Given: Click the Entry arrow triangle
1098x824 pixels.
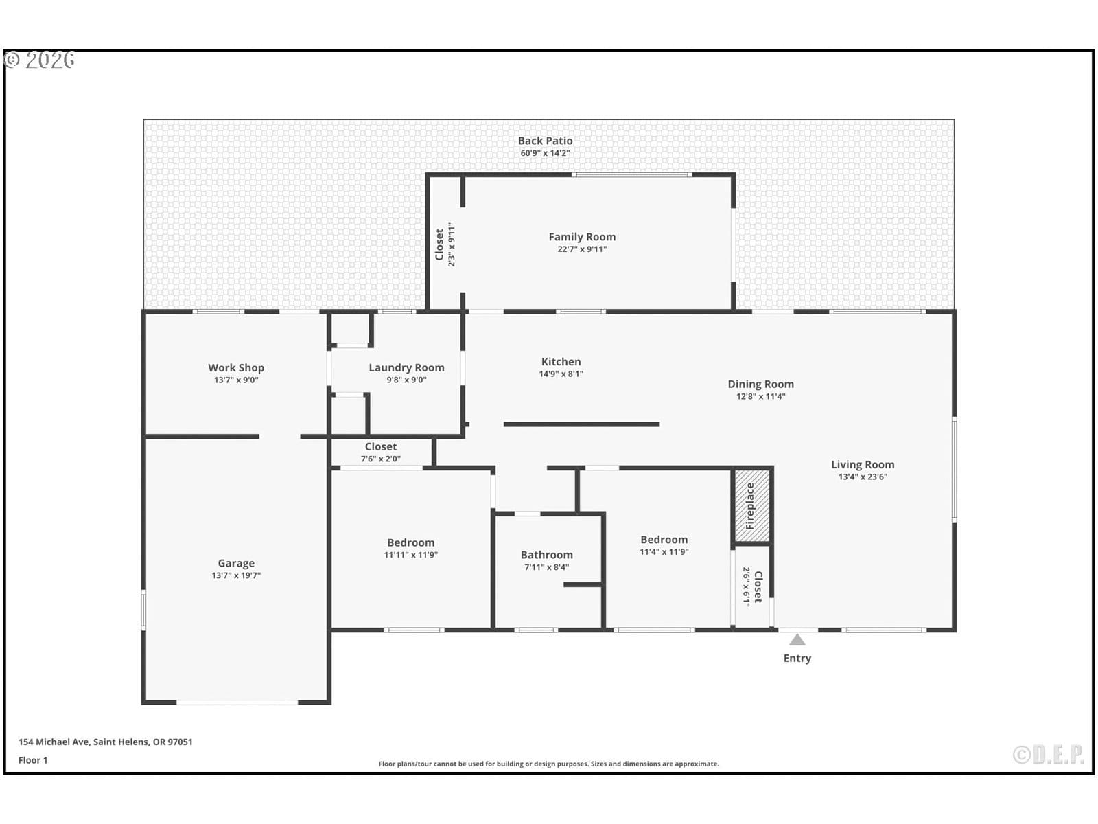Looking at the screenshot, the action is coord(797,640).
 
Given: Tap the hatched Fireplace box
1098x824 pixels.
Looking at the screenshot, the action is coord(751,505).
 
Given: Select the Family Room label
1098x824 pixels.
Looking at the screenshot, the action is coord(582,237).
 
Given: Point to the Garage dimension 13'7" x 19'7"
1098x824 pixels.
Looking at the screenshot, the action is coord(236,575).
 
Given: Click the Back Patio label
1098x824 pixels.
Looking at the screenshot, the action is coord(545,141).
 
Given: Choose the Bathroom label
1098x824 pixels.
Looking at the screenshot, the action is coord(546,555).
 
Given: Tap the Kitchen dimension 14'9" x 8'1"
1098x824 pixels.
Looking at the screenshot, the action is coord(561,374).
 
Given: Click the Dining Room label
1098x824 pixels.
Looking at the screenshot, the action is coord(760,385).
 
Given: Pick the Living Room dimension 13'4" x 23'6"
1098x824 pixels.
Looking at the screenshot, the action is coord(863,477).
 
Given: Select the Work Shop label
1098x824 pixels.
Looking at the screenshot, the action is coord(236,368).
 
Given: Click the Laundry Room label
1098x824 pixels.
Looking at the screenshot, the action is coord(406,368).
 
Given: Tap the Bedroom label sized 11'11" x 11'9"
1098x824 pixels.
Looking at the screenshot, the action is coord(410,542).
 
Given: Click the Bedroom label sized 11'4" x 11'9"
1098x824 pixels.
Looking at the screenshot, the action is coord(664,539).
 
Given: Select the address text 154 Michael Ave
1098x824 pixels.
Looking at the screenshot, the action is coord(54,742).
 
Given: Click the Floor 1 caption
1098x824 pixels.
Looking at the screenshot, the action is coord(33,760).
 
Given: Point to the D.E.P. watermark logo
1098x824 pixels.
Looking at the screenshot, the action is coord(1049,754).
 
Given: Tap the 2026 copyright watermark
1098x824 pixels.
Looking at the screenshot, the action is coord(39,60).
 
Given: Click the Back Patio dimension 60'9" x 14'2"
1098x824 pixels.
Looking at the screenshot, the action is coord(545,153).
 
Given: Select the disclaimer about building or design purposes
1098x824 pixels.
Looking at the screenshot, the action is coord(548,764).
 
